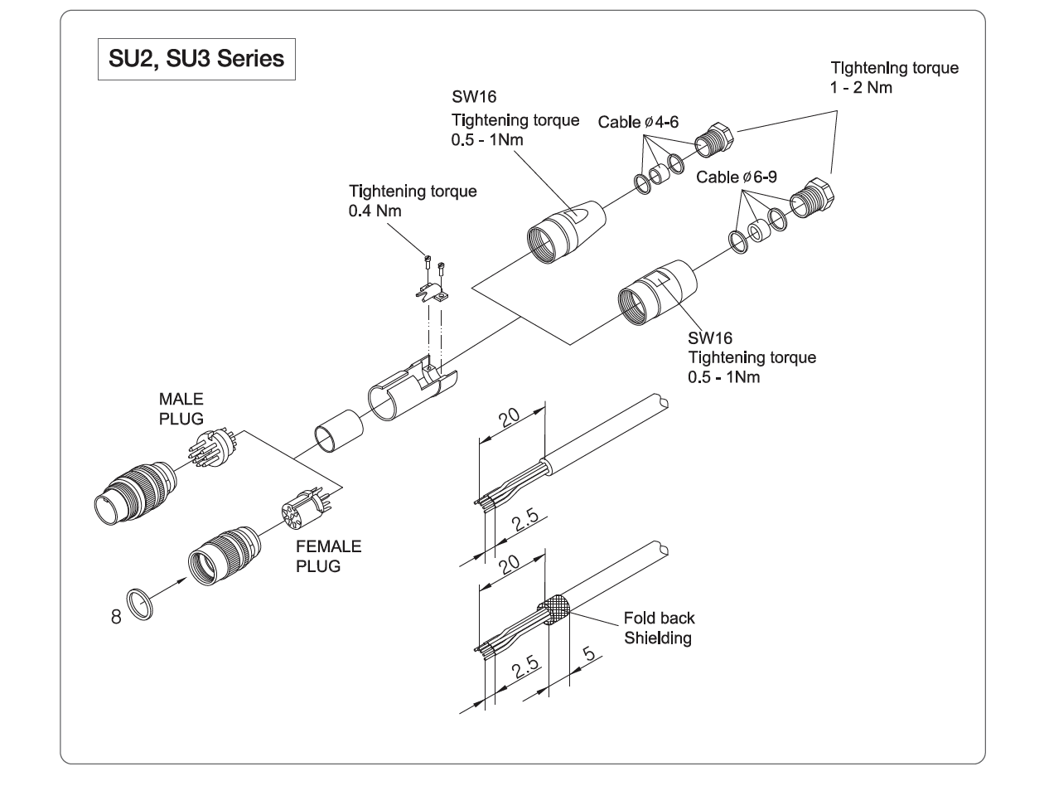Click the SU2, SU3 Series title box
pyautogui.click(x=196, y=60)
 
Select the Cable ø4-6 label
pyautogui.click(x=640, y=122)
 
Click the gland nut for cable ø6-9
pyautogui.click(x=813, y=199)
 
